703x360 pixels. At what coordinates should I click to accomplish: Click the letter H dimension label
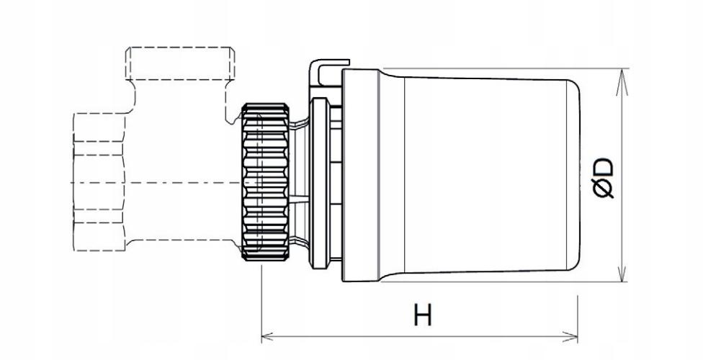pos(423,315)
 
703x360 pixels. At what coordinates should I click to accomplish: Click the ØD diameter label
pos(602,178)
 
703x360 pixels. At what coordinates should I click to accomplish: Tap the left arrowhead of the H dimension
pos(267,336)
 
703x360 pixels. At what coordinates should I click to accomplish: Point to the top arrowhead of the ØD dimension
pos(622,82)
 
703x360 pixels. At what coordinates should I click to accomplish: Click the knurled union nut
pos(265,181)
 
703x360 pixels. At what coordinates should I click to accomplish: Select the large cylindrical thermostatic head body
pos(480,175)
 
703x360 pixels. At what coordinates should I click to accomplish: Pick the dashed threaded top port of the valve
pos(180,63)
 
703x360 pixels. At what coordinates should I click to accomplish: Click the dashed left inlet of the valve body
pos(99,181)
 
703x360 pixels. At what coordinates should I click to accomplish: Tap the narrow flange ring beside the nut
pos(319,183)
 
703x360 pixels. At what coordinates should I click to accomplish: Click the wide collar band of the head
pos(361,175)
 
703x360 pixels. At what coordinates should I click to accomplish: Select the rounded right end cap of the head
pos(574,175)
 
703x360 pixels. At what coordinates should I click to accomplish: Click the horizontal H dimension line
pos(419,336)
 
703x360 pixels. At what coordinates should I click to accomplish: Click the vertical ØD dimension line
pos(622,175)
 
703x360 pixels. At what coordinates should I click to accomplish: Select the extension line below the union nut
pos(261,304)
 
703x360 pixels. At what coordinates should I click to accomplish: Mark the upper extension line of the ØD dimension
pos(506,68)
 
